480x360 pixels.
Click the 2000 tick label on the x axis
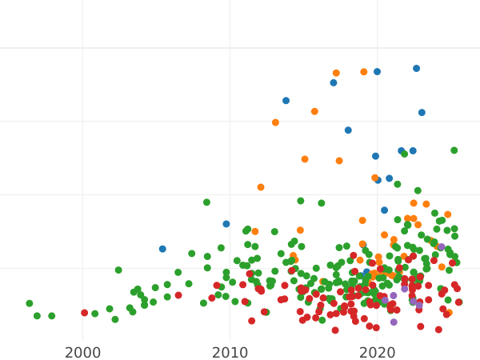click(82, 353)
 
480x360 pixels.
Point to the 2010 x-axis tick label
click(230, 353)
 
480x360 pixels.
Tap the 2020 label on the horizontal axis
click(378, 353)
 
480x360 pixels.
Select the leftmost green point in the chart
click(30, 303)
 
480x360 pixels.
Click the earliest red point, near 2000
click(85, 313)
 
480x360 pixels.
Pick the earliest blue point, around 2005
click(162, 249)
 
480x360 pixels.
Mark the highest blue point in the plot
click(416, 69)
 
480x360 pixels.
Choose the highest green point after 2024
click(454, 150)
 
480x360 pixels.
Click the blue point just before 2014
click(286, 101)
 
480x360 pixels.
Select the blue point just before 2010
click(226, 224)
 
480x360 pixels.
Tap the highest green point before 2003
click(118, 270)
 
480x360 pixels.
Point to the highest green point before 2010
click(206, 202)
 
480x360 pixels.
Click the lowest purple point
click(393, 322)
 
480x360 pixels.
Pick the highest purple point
click(441, 247)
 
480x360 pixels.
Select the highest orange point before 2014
click(275, 122)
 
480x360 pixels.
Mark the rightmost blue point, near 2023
click(422, 113)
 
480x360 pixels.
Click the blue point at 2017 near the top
click(334, 82)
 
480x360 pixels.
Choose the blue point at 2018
click(348, 130)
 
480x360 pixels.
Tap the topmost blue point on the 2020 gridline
click(377, 72)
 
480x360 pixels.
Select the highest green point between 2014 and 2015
click(301, 201)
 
